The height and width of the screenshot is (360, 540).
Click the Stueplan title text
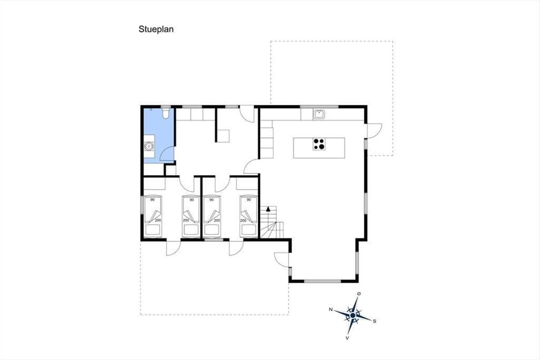pos(156,29)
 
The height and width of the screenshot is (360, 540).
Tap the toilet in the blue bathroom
pos(166,113)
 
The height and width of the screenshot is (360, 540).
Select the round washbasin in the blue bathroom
pos(148,146)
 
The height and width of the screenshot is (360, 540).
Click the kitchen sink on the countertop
pos(319,114)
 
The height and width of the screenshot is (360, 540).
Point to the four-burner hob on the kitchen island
pos(319,144)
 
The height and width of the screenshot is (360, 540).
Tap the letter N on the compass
pos(331,309)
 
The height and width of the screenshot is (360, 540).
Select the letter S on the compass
pos(374,321)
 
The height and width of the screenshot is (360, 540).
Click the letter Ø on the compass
pos(359,294)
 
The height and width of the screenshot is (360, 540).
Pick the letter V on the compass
pos(347,338)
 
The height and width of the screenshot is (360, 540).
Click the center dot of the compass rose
pos(353,315)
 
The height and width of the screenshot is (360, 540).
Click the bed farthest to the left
pos(153,216)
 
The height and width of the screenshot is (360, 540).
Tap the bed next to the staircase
pos(249,216)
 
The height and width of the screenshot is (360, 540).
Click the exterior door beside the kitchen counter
pos(374,130)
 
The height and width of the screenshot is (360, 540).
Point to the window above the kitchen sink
pos(319,107)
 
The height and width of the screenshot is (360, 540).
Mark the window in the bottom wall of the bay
pos(322,281)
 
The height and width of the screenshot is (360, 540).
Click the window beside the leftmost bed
pos(142,205)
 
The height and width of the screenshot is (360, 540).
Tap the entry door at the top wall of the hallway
pos(247,114)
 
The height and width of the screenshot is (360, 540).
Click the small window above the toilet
pos(166,107)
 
